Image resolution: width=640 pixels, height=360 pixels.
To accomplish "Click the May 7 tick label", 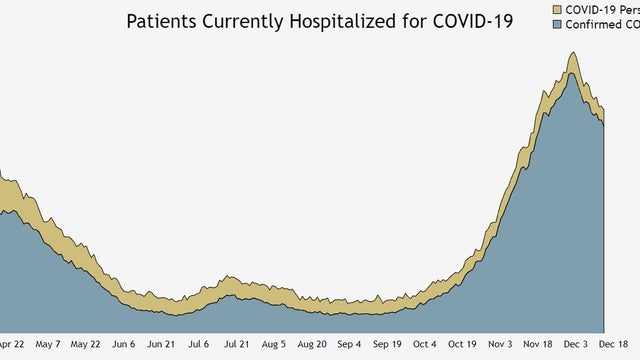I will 48,344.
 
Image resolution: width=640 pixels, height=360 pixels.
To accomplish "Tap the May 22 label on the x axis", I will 86,344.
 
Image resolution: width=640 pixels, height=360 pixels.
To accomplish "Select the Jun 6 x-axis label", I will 124,344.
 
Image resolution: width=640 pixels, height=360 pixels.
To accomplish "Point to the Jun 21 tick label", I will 162,344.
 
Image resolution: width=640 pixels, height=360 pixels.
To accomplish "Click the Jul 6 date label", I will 199,344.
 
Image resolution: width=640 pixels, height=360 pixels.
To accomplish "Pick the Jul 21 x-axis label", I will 237,344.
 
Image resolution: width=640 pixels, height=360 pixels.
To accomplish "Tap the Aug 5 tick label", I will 274,344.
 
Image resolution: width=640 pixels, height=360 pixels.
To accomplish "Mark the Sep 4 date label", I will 349,344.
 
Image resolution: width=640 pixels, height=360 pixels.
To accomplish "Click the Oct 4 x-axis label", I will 424,344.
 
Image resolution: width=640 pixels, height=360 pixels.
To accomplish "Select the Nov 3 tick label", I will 499,344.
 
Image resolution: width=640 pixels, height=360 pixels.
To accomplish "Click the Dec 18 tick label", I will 613,344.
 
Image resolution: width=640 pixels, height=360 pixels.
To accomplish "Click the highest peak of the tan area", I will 572,53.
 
